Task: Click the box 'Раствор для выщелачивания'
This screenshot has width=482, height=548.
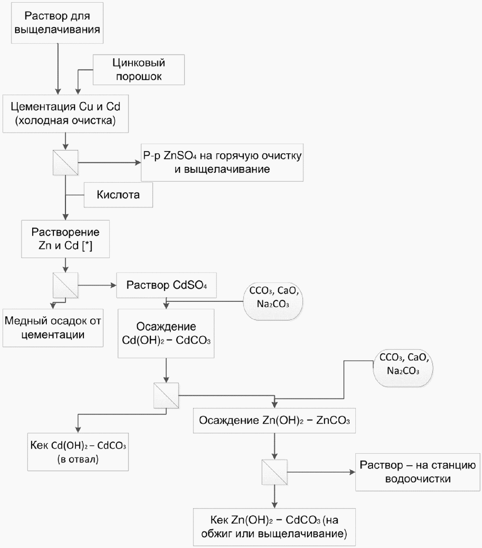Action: (x=57, y=23)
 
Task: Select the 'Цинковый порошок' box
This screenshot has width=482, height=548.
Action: (x=139, y=70)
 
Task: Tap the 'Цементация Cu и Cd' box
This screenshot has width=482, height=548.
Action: (x=66, y=114)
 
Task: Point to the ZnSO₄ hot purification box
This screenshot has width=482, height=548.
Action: (x=222, y=162)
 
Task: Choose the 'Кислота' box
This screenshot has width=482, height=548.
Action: (x=118, y=195)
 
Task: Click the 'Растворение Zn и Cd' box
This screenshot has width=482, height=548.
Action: (x=66, y=239)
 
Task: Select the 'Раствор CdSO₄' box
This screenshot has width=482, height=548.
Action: (x=166, y=285)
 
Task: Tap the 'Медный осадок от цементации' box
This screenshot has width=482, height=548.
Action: (x=53, y=328)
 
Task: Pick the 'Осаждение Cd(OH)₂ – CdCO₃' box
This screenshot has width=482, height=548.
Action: (x=166, y=334)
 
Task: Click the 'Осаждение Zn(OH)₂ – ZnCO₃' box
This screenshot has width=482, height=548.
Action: (x=274, y=420)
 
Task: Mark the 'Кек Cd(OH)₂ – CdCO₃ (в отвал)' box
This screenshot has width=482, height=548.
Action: (x=78, y=452)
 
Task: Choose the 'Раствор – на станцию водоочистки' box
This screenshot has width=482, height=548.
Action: (x=418, y=472)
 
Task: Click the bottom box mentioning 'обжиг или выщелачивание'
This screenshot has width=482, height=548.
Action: (x=274, y=527)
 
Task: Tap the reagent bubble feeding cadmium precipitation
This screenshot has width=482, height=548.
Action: (x=273, y=301)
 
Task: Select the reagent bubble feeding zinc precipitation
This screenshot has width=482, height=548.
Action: (x=403, y=368)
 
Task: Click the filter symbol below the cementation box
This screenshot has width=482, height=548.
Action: (x=66, y=163)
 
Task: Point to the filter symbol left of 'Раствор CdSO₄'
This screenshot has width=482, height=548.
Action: (x=66, y=285)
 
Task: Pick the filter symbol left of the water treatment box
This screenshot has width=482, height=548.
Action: (x=274, y=472)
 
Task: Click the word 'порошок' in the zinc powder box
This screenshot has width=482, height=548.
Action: (x=139, y=77)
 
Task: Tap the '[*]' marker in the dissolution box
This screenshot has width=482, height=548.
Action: (x=87, y=246)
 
